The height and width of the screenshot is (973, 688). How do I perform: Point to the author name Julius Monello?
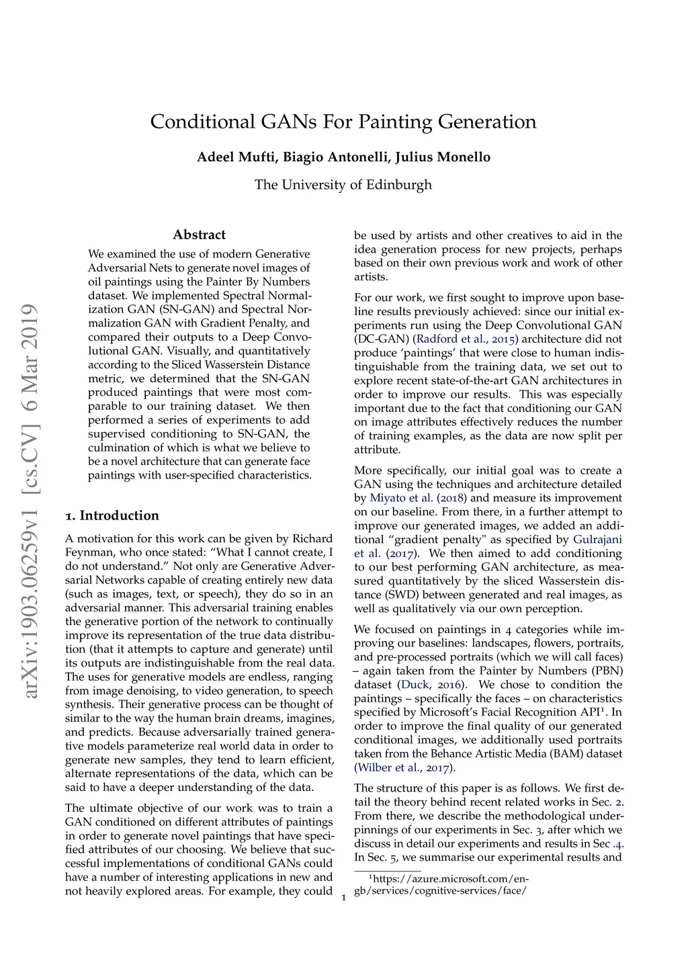(443, 157)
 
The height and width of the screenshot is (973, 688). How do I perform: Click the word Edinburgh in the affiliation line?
(399, 185)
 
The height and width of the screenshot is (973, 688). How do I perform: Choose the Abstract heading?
(199, 235)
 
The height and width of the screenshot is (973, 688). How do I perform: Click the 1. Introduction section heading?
(112, 516)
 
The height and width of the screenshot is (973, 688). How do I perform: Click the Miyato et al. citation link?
(401, 498)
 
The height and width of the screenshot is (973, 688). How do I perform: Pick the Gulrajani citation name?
(597, 540)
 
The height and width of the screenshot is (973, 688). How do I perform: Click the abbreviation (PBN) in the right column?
(607, 671)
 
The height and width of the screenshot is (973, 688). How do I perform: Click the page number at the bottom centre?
(344, 898)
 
